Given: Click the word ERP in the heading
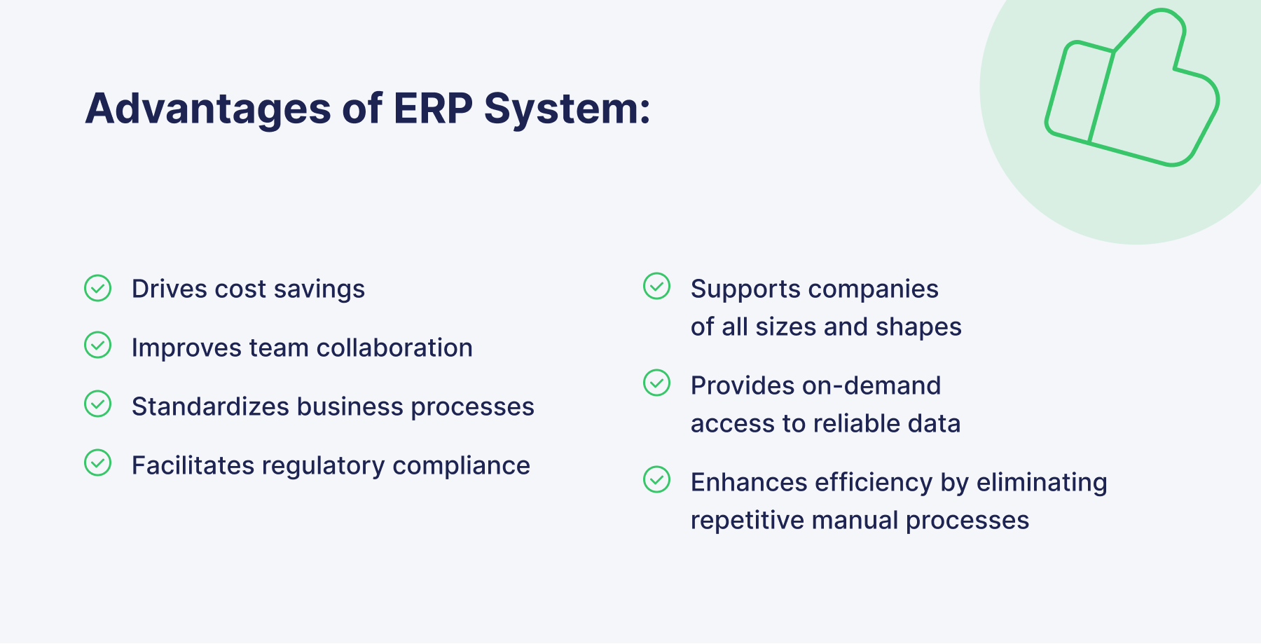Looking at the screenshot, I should point(432,109).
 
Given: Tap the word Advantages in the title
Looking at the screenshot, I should point(208,110).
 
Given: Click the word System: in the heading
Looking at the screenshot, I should point(567,110).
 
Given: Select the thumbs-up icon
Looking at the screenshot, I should point(1131,91).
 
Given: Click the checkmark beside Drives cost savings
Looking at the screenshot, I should point(98,288).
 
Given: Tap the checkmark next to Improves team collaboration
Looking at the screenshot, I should point(98,345).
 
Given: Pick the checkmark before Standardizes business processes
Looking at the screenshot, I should point(98,404).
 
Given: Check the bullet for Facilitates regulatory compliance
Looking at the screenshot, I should point(98,463).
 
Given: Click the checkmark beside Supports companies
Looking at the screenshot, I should point(657,286).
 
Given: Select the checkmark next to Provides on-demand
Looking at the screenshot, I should point(657,383).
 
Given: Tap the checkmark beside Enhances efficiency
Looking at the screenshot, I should point(657,479).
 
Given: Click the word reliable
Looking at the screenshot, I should point(856,423).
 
